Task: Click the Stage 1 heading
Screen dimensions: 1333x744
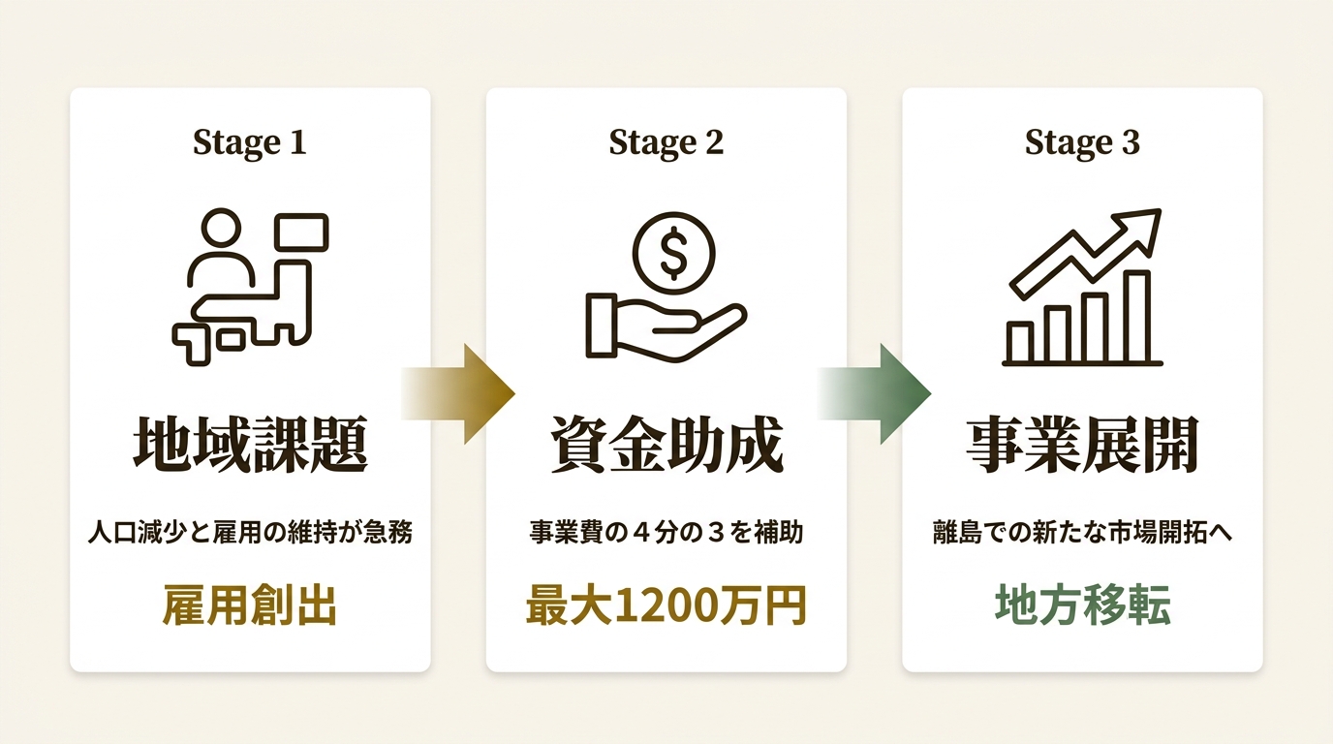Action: (249, 143)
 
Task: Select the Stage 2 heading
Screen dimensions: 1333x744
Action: (666, 143)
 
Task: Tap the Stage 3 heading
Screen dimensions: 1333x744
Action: (1082, 143)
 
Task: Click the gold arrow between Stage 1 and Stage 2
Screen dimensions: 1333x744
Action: (457, 393)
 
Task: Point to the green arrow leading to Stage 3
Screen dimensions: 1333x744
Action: (874, 393)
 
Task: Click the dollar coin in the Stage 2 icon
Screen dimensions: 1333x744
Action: (673, 254)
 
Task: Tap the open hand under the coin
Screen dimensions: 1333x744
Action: (666, 327)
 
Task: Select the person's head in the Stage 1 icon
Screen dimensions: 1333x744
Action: (222, 228)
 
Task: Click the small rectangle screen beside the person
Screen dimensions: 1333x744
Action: (301, 232)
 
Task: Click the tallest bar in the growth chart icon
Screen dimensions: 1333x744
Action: (1137, 317)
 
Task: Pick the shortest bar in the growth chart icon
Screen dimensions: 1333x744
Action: (1020, 342)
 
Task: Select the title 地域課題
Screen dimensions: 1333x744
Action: (250, 445)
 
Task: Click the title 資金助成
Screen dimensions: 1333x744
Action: (666, 445)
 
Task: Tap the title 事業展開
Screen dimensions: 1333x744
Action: (1082, 445)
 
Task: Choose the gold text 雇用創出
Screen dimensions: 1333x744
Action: (250, 605)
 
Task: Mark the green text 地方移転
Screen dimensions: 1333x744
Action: (1083, 605)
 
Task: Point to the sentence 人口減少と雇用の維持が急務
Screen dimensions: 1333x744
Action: (250, 532)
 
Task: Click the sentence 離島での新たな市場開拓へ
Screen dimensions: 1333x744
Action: (1082, 532)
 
